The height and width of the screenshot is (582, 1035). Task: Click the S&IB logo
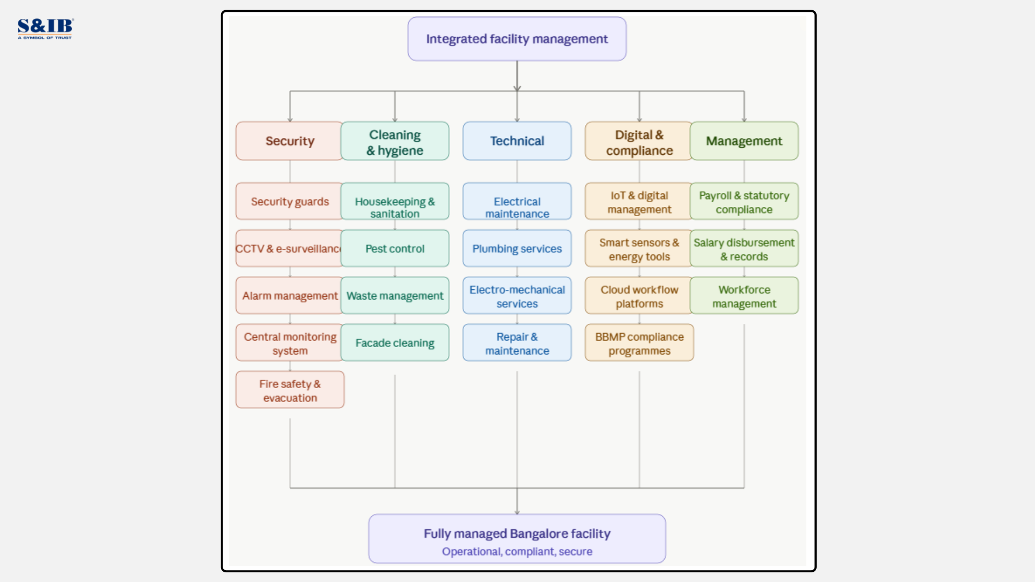click(x=45, y=28)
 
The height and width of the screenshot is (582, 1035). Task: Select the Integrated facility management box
click(x=516, y=39)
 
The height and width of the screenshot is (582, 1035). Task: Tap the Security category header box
click(x=289, y=141)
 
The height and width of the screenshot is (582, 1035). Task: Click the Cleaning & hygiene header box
click(x=395, y=142)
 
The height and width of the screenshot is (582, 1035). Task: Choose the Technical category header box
click(x=516, y=141)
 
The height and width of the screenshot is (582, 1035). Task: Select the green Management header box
click(x=744, y=141)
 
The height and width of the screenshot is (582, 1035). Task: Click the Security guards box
click(x=289, y=201)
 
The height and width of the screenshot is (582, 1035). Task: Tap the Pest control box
click(x=395, y=248)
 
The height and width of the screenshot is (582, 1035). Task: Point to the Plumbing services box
click(x=516, y=248)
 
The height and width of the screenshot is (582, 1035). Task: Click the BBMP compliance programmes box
click(x=639, y=343)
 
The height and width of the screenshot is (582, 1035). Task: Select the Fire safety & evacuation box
click(x=290, y=390)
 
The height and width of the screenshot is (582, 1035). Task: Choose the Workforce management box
click(x=744, y=296)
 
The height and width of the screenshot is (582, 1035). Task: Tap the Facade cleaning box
click(x=395, y=343)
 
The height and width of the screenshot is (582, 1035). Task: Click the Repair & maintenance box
click(x=516, y=343)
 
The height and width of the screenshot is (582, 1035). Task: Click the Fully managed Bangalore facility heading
click(x=516, y=533)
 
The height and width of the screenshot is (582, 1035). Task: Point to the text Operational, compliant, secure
click(x=516, y=551)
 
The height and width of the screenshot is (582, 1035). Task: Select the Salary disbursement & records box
click(x=744, y=248)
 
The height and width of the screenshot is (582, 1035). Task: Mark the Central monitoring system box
click(x=289, y=343)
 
